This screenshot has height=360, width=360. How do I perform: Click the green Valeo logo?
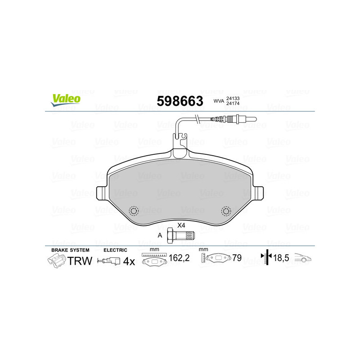pos(66,100)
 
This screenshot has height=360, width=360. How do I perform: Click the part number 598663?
pos(180,101)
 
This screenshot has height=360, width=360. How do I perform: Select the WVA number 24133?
pos(233,98)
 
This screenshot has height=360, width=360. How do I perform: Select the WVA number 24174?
pos(233,103)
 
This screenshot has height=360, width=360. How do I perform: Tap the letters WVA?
pos(219,101)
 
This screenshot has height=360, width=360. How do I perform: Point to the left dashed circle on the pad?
pos(134,211)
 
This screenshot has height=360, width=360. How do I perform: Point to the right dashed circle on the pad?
pos(226,211)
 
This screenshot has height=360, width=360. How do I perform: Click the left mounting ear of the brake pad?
pos(101,193)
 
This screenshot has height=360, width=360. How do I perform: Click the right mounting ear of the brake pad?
pos(258,193)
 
